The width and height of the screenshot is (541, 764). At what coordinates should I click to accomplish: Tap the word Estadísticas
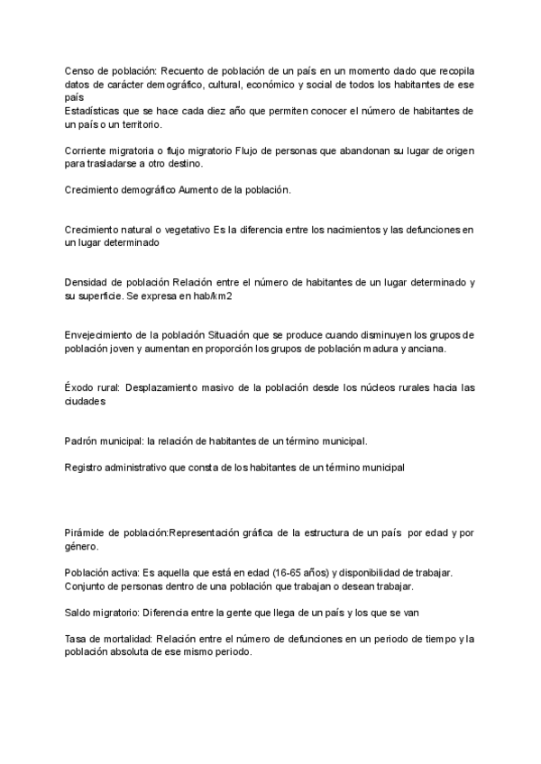pyautogui.click(x=93, y=111)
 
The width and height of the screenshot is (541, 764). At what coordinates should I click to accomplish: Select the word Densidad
pyautogui.click(x=89, y=282)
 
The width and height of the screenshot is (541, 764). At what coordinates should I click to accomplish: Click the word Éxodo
pyautogui.click(x=80, y=388)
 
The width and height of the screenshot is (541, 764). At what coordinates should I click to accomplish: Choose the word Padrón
pyautogui.click(x=83, y=441)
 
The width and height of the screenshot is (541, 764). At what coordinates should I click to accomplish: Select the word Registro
pyautogui.click(x=86, y=468)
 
